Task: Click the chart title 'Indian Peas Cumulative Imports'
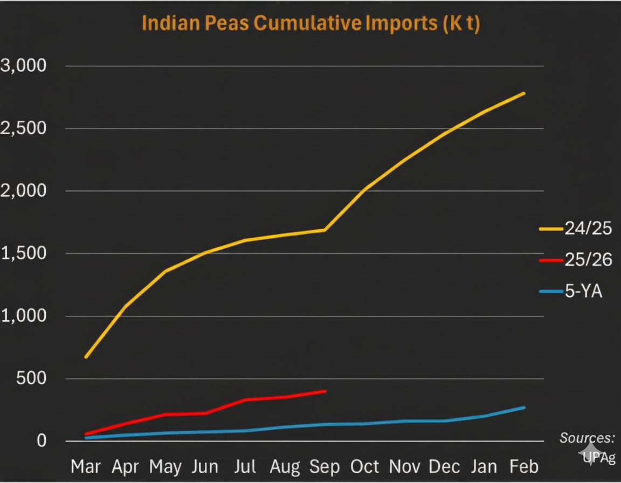pos(310,24)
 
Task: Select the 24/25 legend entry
pos(576,229)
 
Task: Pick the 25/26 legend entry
pos(576,260)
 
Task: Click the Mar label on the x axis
pos(86,466)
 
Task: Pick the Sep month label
pos(325,466)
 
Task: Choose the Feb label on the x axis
pos(524,466)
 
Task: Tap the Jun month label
pos(205,466)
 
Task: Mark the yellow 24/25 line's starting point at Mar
pos(86,357)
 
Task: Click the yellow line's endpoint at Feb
pos(524,93)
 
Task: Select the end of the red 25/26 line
pos(325,391)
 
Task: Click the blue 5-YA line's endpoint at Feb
pos(524,408)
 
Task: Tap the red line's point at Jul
pos(245,399)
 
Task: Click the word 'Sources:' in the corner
pos(587,437)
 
